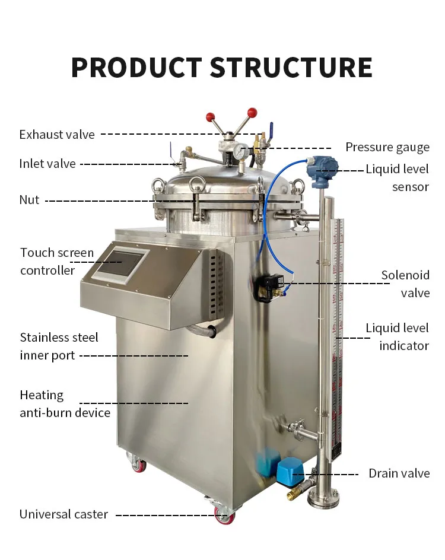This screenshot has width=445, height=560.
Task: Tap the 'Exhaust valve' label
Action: tap(57, 135)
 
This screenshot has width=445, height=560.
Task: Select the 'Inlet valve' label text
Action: tap(47, 164)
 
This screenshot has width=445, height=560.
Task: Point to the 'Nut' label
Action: tap(29, 200)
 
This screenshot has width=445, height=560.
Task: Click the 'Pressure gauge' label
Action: tap(387, 148)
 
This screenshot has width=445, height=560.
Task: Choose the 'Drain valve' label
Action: tap(399, 473)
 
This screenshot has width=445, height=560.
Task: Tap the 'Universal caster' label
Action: tap(63, 514)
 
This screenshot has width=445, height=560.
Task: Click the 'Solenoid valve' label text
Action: tap(405, 284)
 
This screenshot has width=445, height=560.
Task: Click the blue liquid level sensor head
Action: tap(322, 168)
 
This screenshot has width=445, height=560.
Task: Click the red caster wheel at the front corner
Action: tap(224, 516)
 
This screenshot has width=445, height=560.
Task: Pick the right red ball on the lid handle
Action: tap(252, 112)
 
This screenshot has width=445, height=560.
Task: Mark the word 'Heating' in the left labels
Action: tap(42, 395)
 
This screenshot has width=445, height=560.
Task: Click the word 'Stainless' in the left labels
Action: tap(45, 338)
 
